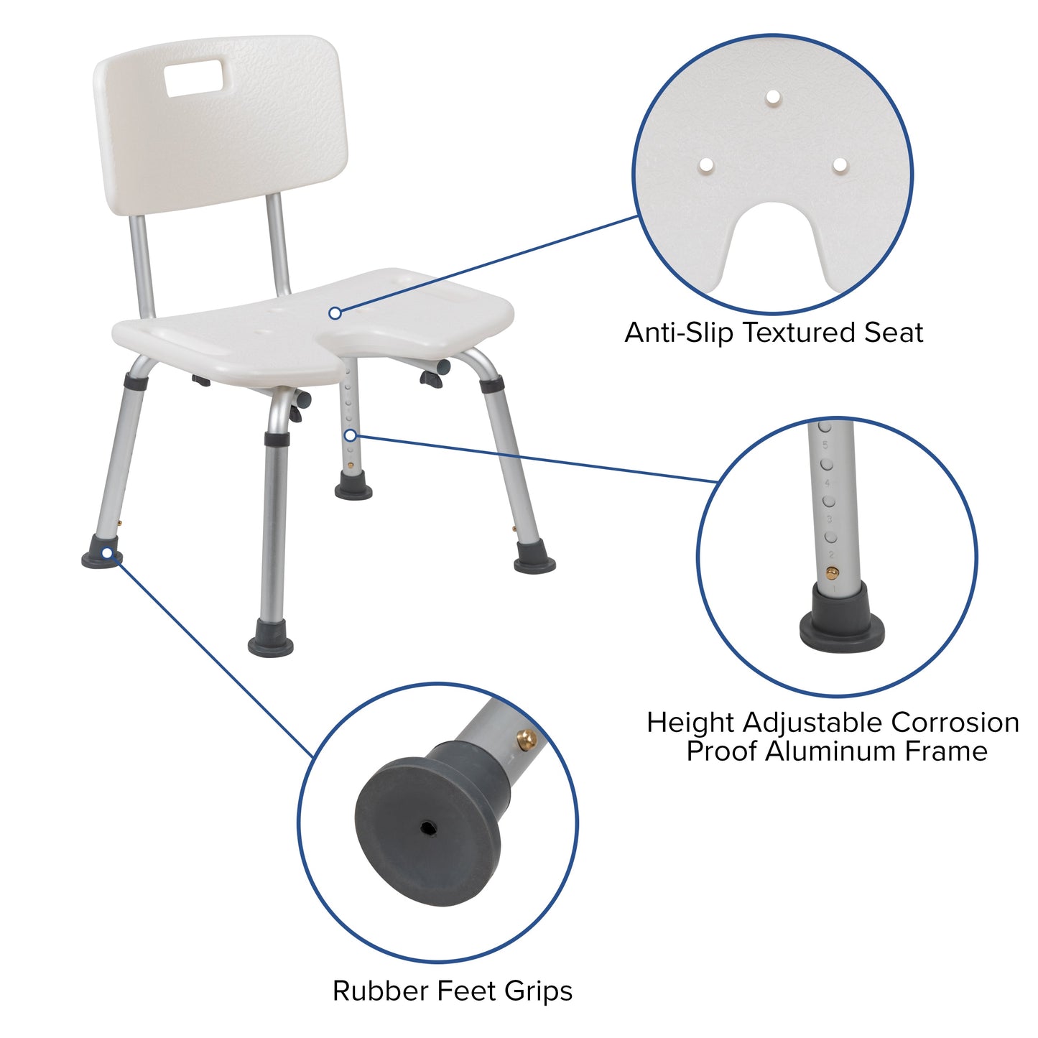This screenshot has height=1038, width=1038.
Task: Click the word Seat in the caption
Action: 894,333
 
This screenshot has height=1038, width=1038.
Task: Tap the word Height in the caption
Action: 690,722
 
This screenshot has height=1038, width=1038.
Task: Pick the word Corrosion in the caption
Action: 955,722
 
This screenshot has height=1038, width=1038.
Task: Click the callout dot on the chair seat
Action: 335,313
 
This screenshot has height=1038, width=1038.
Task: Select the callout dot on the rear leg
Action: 350,435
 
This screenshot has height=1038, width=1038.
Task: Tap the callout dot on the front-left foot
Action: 107,552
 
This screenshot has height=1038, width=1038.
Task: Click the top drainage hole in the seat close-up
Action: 772,96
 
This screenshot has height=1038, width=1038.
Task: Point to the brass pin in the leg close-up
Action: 832,573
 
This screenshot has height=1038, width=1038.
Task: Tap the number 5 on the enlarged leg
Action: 825,445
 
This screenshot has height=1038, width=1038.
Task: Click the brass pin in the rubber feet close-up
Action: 527,738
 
